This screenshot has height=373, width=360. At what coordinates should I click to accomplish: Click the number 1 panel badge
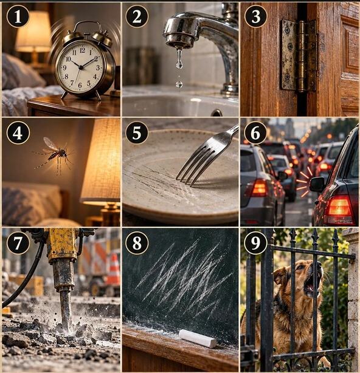(x=18, y=16)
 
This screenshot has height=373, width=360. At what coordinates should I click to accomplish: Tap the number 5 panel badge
(x=137, y=133)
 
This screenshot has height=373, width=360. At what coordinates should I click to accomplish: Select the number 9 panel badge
(x=255, y=243)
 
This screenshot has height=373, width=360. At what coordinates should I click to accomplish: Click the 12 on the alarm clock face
(x=82, y=50)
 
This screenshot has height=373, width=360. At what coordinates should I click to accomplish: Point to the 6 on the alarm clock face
(x=80, y=85)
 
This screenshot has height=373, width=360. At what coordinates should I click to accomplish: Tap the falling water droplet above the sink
(x=179, y=84)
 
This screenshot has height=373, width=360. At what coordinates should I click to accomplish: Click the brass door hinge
(x=299, y=56)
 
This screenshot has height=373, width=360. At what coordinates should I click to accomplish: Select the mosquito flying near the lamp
(x=54, y=155)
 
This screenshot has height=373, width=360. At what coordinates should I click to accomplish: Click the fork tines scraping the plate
(x=190, y=166)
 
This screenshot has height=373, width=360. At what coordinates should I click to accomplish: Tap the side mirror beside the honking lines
(x=317, y=184)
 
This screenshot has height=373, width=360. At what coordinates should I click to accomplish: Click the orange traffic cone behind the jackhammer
(x=113, y=269)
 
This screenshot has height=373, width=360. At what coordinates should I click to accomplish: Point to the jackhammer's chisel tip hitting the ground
(x=67, y=329)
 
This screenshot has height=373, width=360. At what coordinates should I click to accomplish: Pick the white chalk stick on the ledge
(x=198, y=338)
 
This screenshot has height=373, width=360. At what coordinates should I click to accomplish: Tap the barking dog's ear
(x=280, y=276)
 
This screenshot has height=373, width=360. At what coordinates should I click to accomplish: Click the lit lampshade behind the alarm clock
(x=33, y=32)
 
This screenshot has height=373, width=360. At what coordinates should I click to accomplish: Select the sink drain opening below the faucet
(x=216, y=113)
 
